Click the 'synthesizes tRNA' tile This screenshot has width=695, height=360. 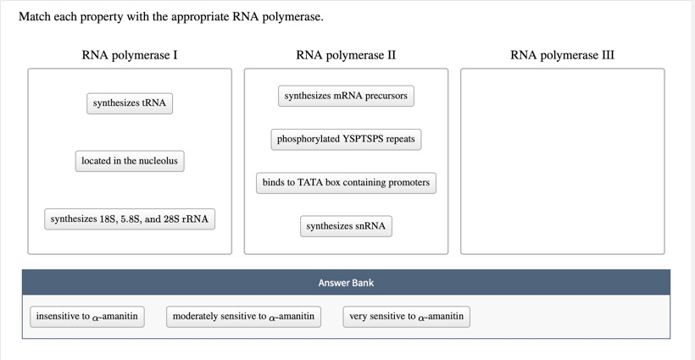[130, 103]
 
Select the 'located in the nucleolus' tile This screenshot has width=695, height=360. [130, 161]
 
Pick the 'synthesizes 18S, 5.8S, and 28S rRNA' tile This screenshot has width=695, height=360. [129, 219]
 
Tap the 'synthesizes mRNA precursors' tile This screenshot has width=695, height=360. [346, 96]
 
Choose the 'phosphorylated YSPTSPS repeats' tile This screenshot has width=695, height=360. [346, 139]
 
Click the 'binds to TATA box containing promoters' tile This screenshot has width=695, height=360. [346, 182]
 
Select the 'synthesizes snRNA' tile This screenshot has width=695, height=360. [346, 226]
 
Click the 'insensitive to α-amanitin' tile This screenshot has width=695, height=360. [86, 317]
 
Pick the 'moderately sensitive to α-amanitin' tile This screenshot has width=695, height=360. [243, 317]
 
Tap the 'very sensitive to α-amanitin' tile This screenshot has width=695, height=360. [406, 317]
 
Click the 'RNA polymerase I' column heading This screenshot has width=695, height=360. [130, 55]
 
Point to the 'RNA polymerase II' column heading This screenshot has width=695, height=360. [346, 55]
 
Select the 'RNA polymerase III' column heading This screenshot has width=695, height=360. [562, 55]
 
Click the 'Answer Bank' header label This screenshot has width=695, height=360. [346, 283]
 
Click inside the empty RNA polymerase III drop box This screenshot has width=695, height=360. [562, 161]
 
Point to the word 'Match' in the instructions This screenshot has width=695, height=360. [36, 17]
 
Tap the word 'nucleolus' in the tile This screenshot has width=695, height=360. [158, 161]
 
